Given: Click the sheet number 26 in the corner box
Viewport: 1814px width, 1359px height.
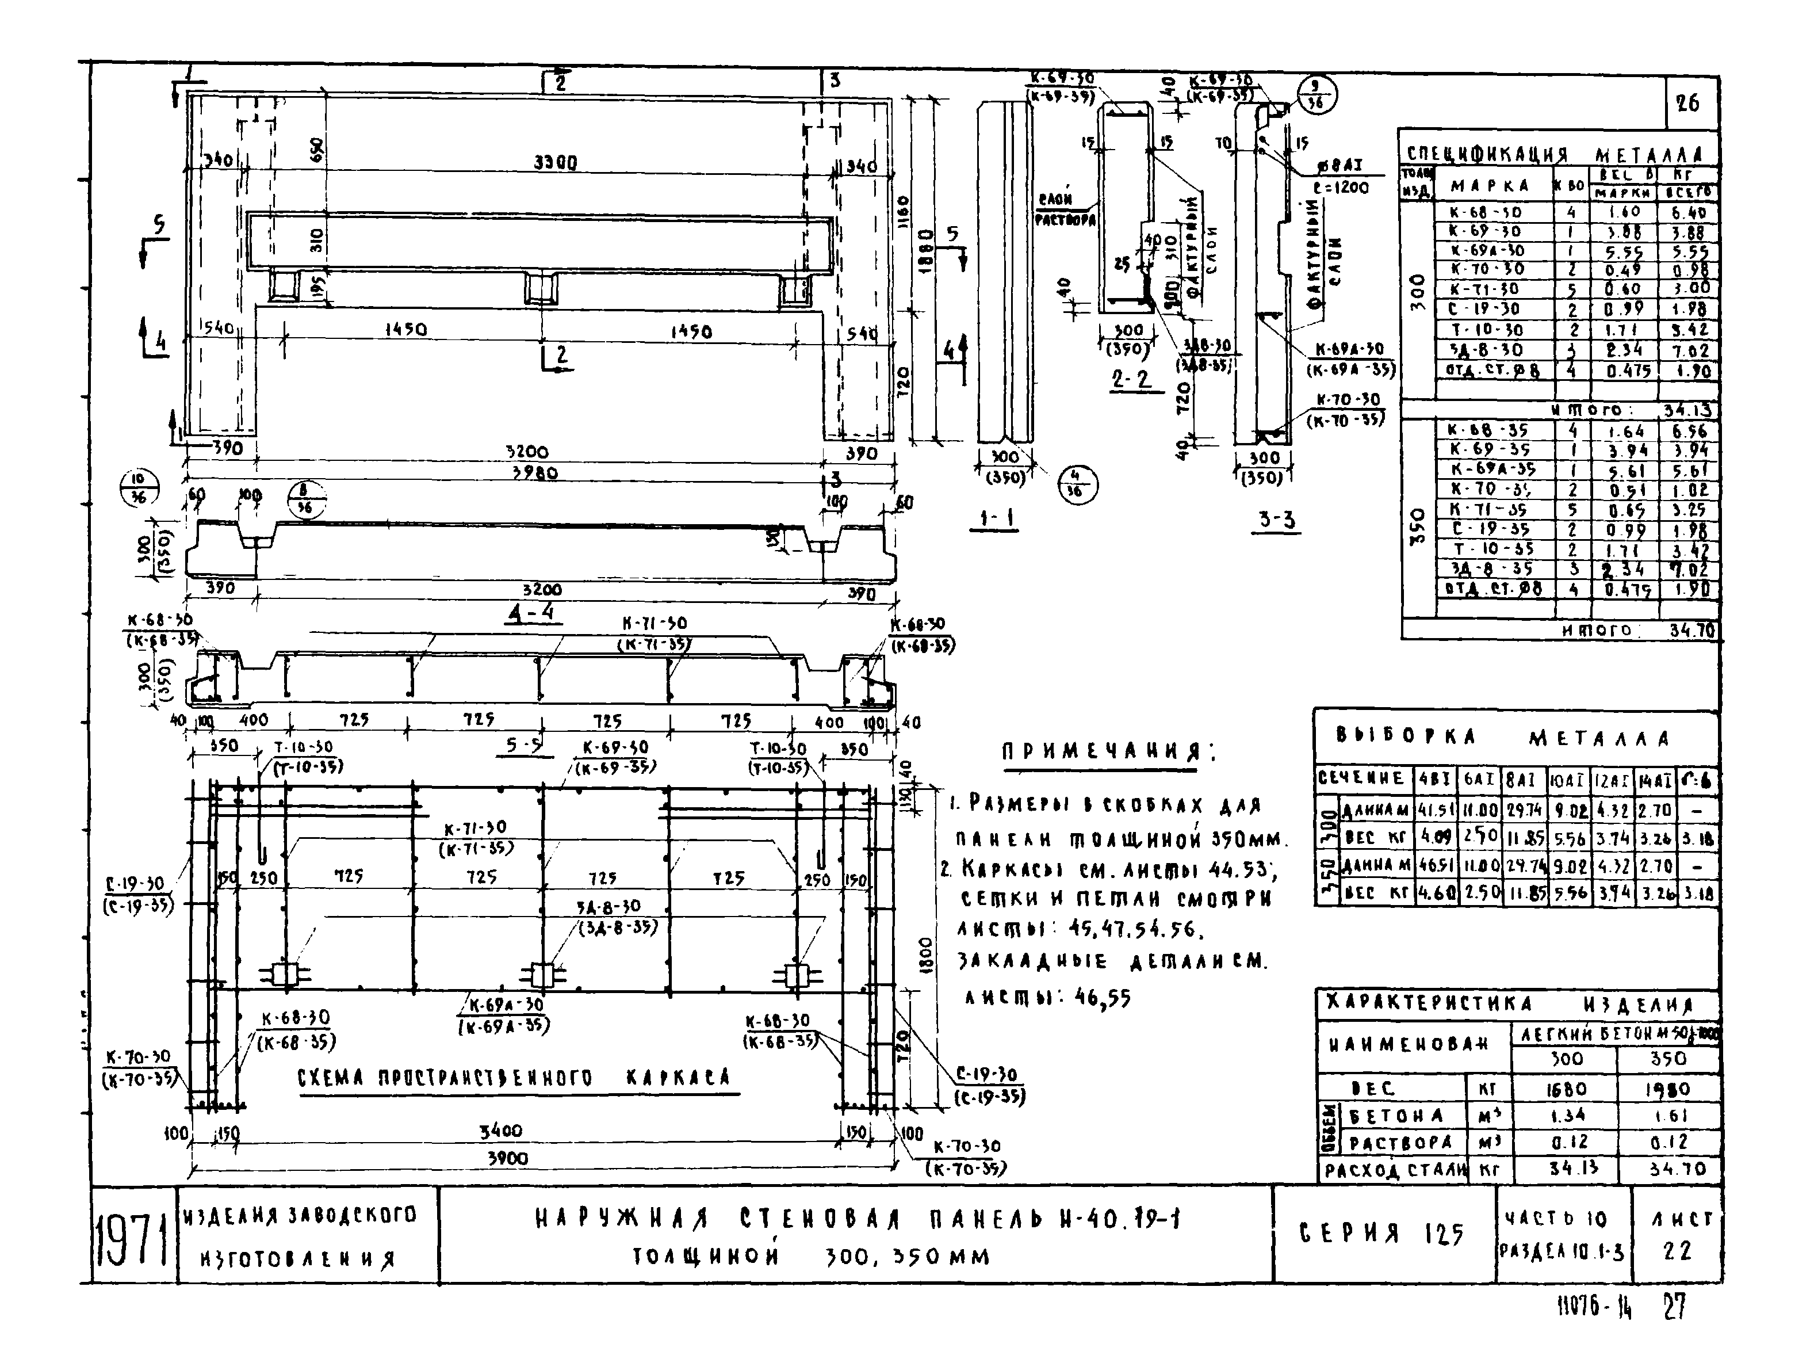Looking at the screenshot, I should point(1687,104).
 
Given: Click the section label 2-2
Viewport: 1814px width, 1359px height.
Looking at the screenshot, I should point(1132,379).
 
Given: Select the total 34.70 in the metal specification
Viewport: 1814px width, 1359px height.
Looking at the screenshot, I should point(1691,631).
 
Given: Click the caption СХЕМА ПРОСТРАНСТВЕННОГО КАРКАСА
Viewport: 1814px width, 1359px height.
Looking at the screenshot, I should point(514,1078).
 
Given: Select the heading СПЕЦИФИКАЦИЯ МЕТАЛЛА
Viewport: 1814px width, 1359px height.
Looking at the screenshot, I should point(1555,154).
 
